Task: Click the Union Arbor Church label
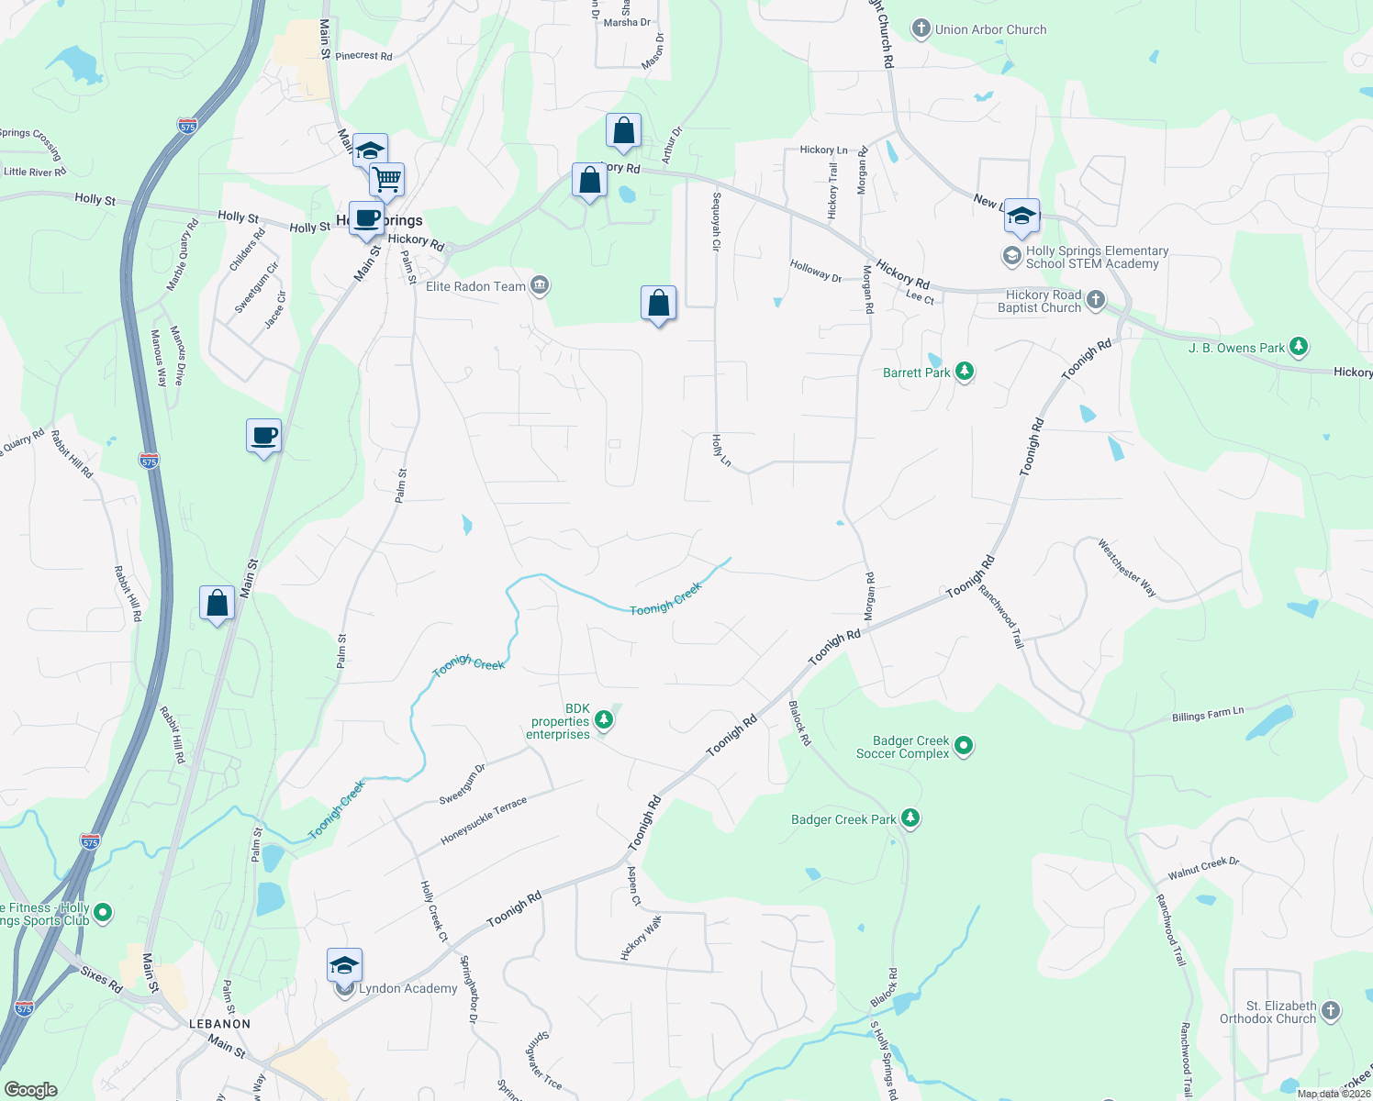(990, 29)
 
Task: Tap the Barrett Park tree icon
(964, 372)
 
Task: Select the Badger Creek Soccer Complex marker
(963, 746)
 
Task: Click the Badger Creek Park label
(843, 819)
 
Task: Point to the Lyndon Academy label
(407, 988)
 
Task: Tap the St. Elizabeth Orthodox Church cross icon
(1331, 1011)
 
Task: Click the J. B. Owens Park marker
(1298, 347)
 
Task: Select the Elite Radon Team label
(475, 286)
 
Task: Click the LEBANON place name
(219, 1024)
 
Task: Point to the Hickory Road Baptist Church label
(1039, 301)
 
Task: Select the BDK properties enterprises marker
(603, 719)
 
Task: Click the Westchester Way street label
(1126, 568)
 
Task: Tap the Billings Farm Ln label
(1207, 714)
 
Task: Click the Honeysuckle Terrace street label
(484, 820)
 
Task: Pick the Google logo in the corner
(31, 1089)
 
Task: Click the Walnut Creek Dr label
(1203, 868)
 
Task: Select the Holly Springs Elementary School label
(1097, 257)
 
